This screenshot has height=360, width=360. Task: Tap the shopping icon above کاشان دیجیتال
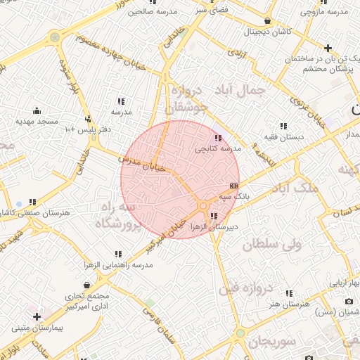coord(268,20)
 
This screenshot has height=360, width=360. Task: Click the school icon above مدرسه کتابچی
coord(217,138)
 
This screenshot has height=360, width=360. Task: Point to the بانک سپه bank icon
coord(234,185)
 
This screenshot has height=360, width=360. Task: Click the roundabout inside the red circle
coord(202,205)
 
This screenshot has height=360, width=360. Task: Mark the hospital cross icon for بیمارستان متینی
coord(37,317)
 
